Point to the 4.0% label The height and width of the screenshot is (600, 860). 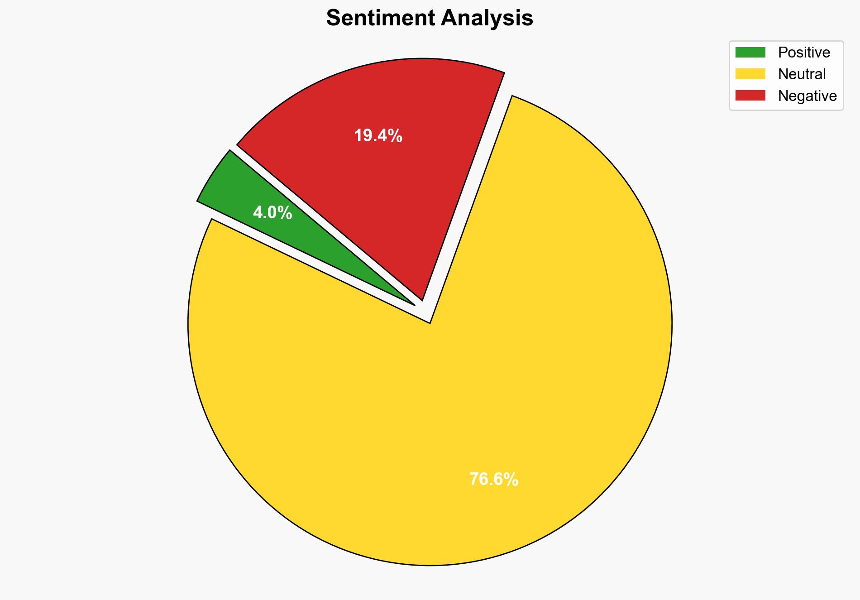[272, 213]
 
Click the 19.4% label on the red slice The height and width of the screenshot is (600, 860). [378, 136]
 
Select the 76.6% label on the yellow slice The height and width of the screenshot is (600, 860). [493, 480]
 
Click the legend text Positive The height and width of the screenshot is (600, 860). [804, 53]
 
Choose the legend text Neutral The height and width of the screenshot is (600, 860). [802, 74]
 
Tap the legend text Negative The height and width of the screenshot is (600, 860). [807, 96]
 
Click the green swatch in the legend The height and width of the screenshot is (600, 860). [750, 53]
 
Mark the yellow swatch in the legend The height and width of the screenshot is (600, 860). [750, 74]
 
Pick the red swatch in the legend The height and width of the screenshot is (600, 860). [750, 96]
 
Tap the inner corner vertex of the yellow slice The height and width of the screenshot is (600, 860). [430, 322]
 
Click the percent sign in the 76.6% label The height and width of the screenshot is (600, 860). [511, 480]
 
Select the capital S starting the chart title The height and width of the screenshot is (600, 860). [334, 19]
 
